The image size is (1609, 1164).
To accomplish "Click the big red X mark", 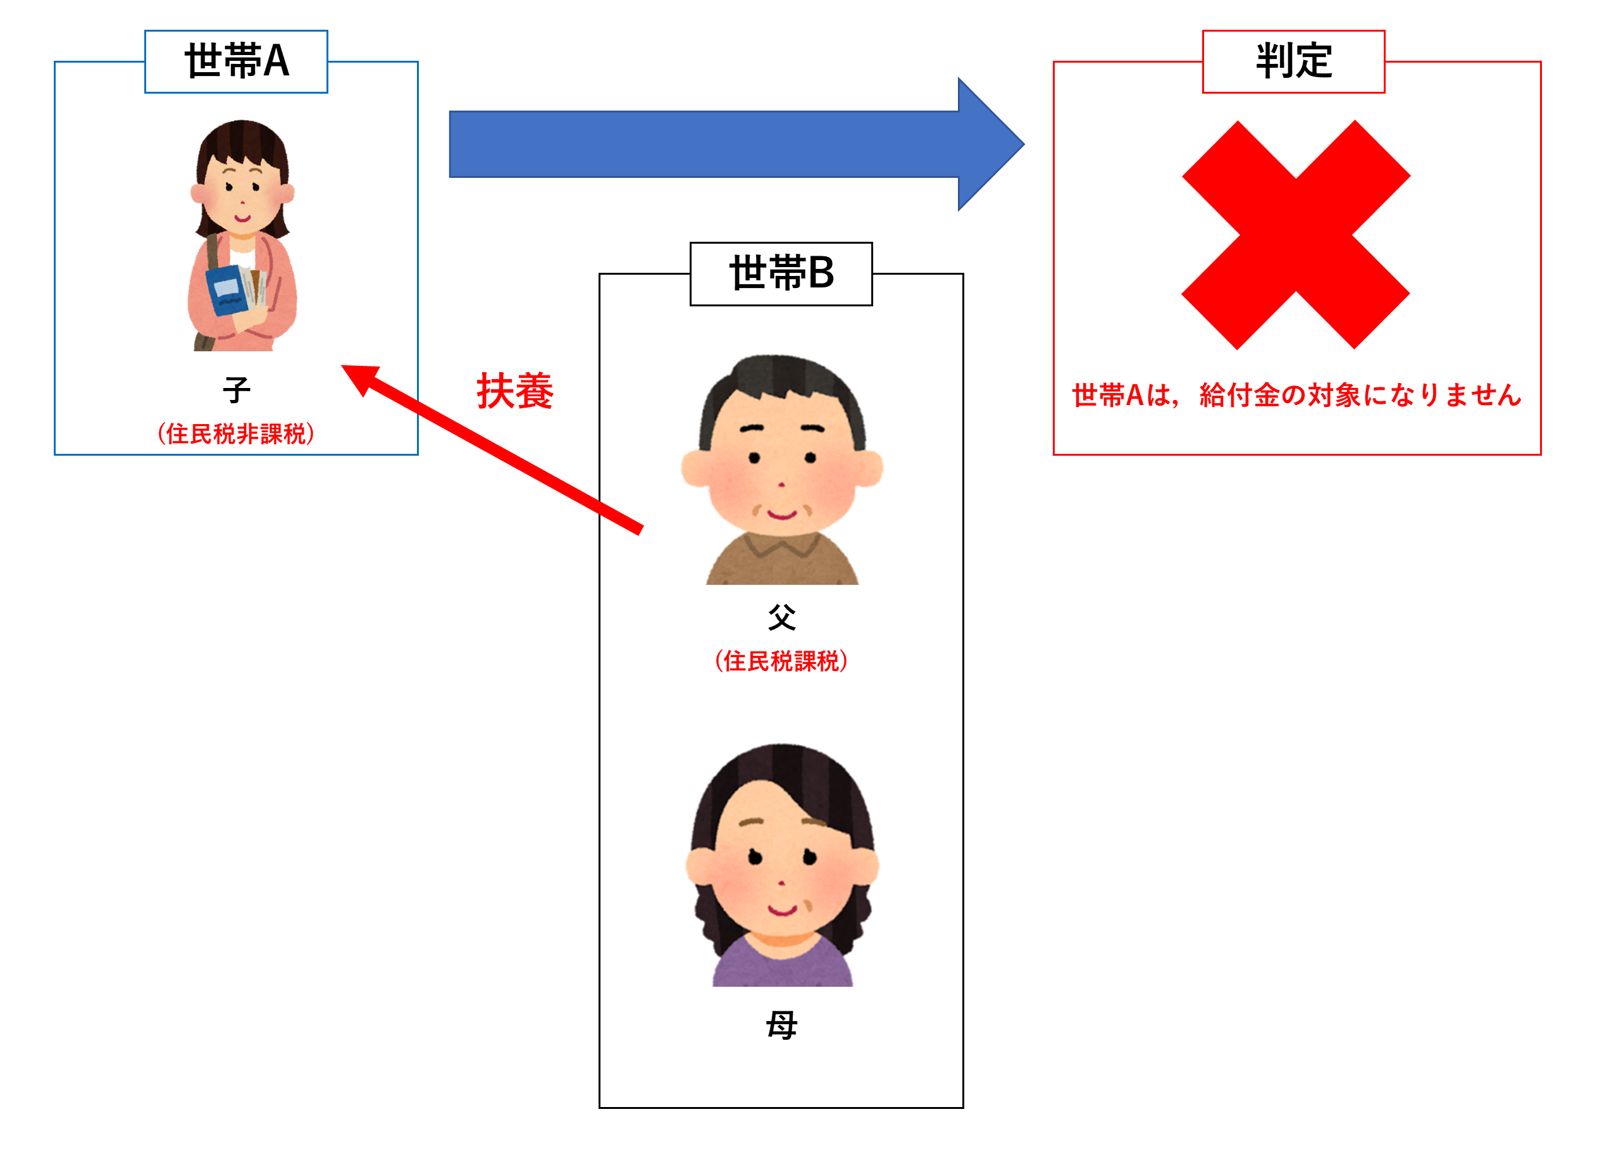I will coord(1295,234).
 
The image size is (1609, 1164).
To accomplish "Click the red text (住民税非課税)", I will coord(235,434).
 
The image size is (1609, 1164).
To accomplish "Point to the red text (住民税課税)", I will coord(780,661).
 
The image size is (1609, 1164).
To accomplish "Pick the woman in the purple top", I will coord(778,860).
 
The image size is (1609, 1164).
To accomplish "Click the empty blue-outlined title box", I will coord(235,62).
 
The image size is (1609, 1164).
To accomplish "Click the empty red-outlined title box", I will coord(1293,62).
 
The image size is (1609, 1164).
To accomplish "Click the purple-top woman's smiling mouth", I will coord(782,909).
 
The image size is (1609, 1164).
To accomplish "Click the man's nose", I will coord(780,484).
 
